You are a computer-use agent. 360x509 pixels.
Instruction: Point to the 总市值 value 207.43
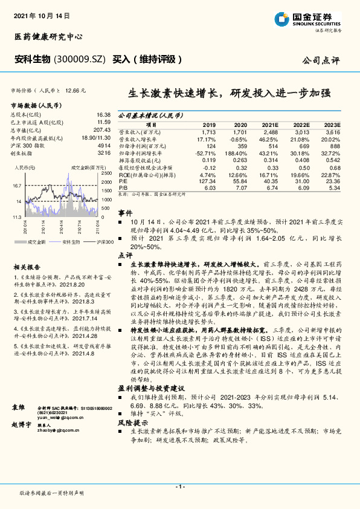102,130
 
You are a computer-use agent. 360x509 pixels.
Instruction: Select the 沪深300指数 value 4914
104,146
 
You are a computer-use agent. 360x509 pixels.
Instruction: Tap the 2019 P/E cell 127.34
207,181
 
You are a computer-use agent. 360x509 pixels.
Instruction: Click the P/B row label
123,188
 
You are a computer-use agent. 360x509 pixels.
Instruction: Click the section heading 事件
125,213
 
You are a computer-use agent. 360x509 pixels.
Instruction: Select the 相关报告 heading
27,267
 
